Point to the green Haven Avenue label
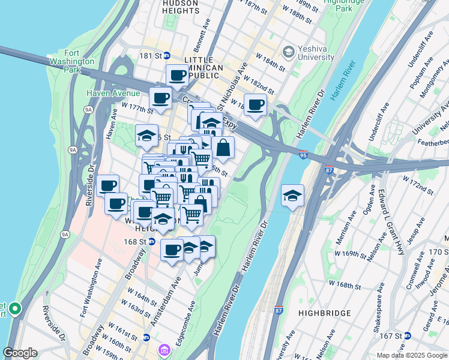pos(113,93)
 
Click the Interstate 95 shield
pos(303,155)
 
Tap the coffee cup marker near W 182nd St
pos(255,105)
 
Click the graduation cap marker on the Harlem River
pos(292,195)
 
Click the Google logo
pos(20,353)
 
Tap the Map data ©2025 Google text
pos(412,355)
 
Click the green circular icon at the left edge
pos(15,309)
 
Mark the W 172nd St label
pos(417,184)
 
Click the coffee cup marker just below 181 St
pos(177,75)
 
